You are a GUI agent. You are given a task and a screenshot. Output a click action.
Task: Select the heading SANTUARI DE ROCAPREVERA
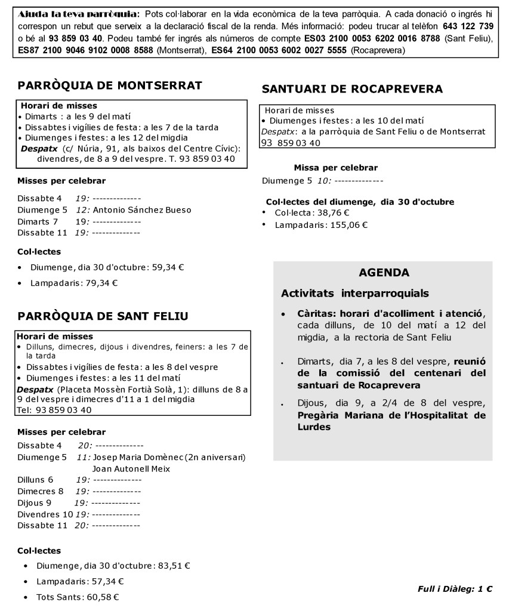tap(352, 90)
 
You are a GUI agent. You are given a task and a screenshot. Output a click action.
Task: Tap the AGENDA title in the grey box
tap(384, 273)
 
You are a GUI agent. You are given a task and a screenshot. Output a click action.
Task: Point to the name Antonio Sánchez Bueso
tap(143, 210)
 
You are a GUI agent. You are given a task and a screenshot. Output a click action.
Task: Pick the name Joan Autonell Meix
tap(131, 469)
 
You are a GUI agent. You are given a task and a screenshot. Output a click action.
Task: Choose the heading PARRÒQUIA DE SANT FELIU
tap(103, 316)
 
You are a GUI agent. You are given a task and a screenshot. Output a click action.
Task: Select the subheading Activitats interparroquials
tap(354, 294)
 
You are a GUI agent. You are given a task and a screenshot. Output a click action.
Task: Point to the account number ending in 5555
tap(279, 51)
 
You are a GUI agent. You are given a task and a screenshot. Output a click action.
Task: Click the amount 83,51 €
tap(172, 566)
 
